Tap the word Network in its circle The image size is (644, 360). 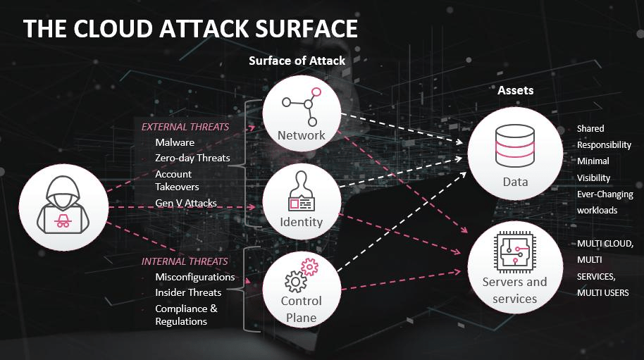tap(301, 135)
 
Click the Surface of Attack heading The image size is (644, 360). tap(297, 61)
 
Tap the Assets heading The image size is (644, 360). tap(515, 90)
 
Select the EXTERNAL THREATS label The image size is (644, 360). tap(185, 127)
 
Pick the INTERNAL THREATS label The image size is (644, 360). tap(185, 261)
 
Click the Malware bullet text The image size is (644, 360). tap(175, 142)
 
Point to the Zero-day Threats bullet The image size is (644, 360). tap(192, 158)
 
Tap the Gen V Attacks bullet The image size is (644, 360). tap(186, 204)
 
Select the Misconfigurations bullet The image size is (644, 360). tap(194, 277)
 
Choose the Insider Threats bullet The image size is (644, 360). tap(188, 292)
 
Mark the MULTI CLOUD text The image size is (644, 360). tap(605, 244)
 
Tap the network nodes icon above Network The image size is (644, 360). tap(302, 103)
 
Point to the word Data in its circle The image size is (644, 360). tap(515, 182)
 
